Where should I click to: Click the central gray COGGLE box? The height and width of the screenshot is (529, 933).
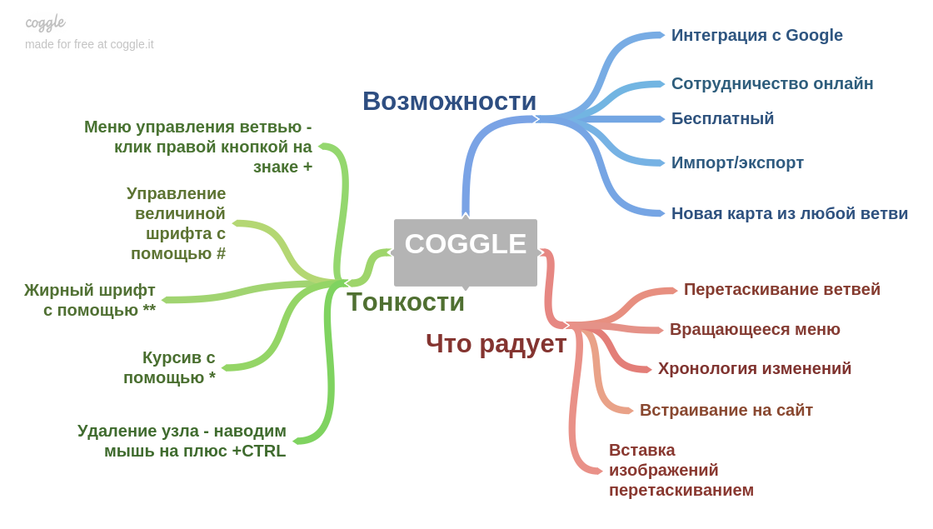465,252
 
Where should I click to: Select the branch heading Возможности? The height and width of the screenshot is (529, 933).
449,102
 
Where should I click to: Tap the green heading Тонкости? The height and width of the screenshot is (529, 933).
405,302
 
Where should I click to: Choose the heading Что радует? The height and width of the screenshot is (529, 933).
496,343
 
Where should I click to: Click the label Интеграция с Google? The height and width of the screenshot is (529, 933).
756,35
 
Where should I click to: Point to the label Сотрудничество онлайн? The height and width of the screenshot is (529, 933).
771,83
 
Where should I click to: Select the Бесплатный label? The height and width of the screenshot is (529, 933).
722,118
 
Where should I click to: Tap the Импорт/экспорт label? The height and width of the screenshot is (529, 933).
737,162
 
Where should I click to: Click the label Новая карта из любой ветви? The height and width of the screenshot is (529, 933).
789,213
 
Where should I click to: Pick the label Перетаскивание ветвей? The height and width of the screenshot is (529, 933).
781,289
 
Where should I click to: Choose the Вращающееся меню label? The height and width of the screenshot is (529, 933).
755,329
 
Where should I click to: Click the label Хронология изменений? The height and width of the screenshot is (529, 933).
754,368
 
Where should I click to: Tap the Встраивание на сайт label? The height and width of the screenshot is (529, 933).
726,410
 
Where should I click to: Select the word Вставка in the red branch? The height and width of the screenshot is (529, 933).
641,450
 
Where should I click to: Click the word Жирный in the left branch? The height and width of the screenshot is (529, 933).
55,290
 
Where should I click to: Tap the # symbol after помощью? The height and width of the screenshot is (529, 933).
221,253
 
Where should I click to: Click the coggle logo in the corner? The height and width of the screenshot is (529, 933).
45,22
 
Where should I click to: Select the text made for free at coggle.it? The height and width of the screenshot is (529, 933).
89,44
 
